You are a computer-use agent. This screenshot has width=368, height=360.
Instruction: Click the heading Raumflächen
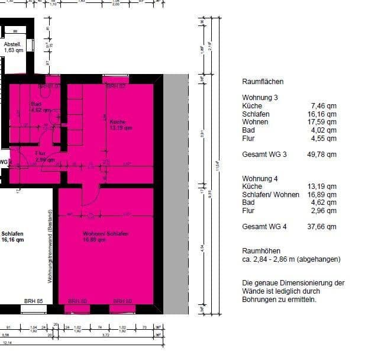tap(263, 82)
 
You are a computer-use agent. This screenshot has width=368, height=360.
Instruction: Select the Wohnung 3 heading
tap(260, 98)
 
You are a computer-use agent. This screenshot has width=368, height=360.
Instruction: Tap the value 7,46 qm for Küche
tap(324, 106)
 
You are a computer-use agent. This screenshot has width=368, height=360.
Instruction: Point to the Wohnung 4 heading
tap(260, 179)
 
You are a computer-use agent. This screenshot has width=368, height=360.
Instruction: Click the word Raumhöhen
tap(262, 251)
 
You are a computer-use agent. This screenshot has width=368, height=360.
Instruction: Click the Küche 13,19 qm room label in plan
tap(120, 125)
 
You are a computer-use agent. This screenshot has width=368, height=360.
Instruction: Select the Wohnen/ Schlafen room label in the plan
tap(105, 237)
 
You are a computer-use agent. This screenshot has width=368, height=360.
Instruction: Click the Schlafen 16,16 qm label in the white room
tap(12, 237)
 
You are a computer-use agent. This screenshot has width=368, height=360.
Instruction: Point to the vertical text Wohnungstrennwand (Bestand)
tap(51, 245)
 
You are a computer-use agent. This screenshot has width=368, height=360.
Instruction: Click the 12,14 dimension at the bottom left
tap(7, 343)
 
